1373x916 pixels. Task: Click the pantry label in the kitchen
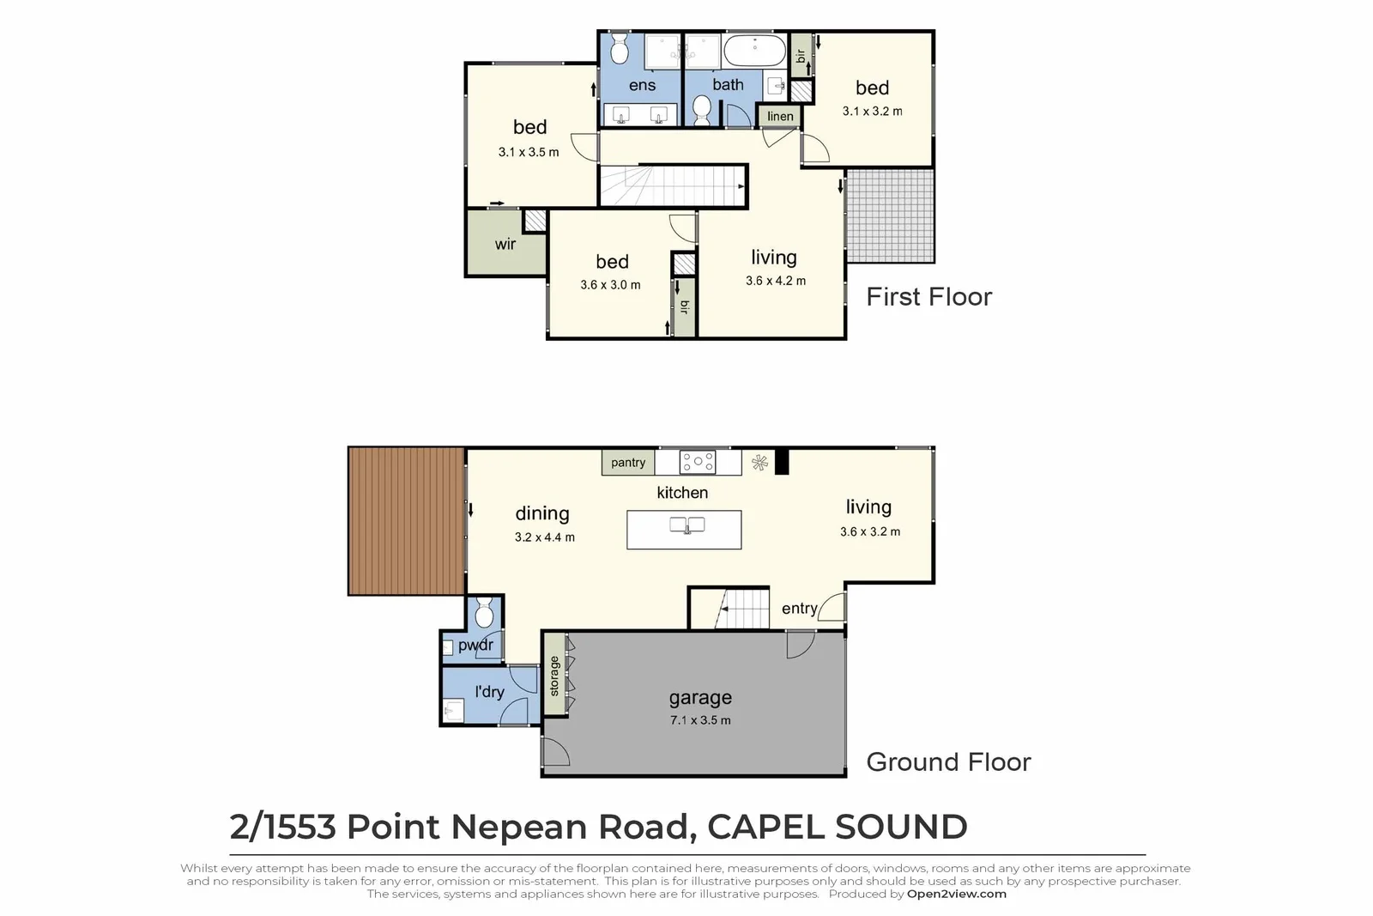point(628,463)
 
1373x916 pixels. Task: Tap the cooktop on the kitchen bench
point(697,463)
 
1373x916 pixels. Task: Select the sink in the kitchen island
point(686,525)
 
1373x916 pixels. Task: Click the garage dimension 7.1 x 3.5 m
point(700,720)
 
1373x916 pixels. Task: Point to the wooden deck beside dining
point(406,521)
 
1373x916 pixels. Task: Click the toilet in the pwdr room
point(483,613)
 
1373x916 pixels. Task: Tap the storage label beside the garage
point(554,676)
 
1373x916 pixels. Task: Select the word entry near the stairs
point(799,609)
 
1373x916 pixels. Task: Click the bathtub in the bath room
point(753,52)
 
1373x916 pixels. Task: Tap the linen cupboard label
point(780,117)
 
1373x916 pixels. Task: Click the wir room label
point(505,245)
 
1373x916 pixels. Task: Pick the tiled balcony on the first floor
point(889,215)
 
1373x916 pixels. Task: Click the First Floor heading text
point(928,297)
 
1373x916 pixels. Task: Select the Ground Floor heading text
point(948,762)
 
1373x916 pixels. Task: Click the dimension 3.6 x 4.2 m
point(775,281)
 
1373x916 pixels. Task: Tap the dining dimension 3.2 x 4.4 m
point(544,537)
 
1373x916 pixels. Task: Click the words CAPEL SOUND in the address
point(837,827)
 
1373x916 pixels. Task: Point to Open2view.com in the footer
point(956,894)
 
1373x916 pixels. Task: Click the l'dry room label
point(489,692)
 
